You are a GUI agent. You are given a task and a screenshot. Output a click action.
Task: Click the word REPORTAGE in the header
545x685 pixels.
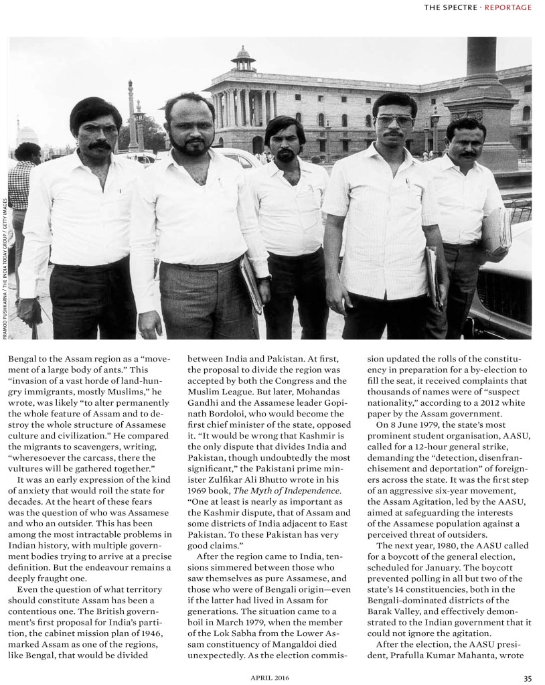(508, 7)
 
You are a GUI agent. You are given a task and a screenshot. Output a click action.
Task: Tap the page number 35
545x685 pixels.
(527, 676)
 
